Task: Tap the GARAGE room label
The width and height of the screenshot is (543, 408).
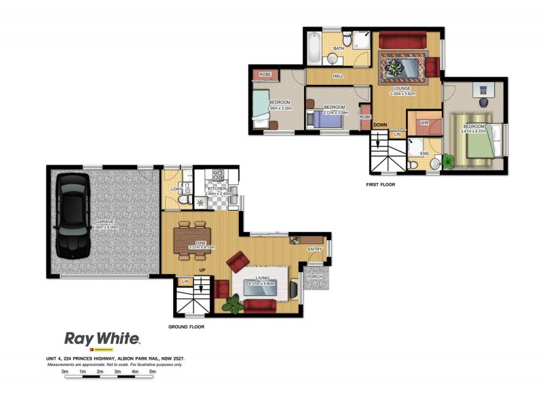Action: [x=105, y=222]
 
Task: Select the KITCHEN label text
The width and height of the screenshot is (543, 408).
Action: [x=218, y=188]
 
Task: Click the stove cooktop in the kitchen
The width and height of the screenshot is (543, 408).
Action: [x=218, y=175]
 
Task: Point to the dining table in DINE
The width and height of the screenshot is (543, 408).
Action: [x=192, y=238]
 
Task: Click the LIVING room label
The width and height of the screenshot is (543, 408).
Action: [x=262, y=279]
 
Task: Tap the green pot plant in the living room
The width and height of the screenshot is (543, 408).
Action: [x=232, y=304]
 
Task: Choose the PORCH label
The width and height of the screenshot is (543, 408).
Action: [x=315, y=277]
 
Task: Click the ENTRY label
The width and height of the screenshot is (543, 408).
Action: [x=314, y=250]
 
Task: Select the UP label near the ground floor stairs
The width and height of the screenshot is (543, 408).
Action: [x=202, y=270]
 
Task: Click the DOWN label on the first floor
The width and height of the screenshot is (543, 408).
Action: [x=380, y=125]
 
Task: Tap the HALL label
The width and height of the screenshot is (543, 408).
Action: [x=338, y=76]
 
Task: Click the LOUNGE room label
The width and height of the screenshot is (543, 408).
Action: [x=401, y=88]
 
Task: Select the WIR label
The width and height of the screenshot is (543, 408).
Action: [x=424, y=123]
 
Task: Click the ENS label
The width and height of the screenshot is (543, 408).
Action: [x=424, y=154]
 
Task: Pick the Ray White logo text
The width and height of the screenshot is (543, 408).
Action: [x=102, y=338]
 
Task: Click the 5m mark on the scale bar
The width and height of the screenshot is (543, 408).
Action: [x=153, y=372]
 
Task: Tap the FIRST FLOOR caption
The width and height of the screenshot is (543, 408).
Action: [x=380, y=184]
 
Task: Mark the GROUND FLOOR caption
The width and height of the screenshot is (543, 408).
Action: [x=186, y=327]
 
